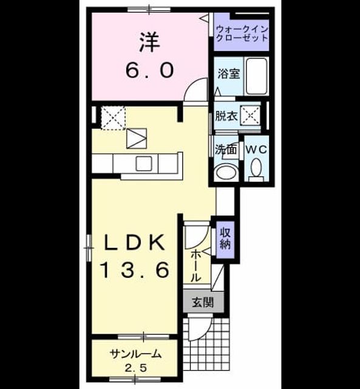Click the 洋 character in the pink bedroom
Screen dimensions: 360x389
[149, 43]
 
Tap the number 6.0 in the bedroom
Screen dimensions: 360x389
[149, 71]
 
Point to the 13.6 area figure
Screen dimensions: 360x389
[135, 270]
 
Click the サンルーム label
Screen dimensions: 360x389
[135, 354]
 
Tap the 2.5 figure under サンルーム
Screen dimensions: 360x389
[135, 368]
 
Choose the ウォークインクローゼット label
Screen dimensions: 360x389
[242, 34]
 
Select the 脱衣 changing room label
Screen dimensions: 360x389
[226, 116]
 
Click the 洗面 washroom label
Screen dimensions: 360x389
[225, 150]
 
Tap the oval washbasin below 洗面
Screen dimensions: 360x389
[226, 172]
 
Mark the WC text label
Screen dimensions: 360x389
[256, 150]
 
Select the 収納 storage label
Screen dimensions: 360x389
[225, 239]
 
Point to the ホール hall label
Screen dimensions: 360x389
[196, 266]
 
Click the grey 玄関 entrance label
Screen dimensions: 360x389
[203, 303]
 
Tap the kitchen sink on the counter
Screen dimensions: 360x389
[144, 164]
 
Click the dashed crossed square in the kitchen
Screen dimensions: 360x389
[113, 118]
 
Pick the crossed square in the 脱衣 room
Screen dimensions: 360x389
[250, 115]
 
